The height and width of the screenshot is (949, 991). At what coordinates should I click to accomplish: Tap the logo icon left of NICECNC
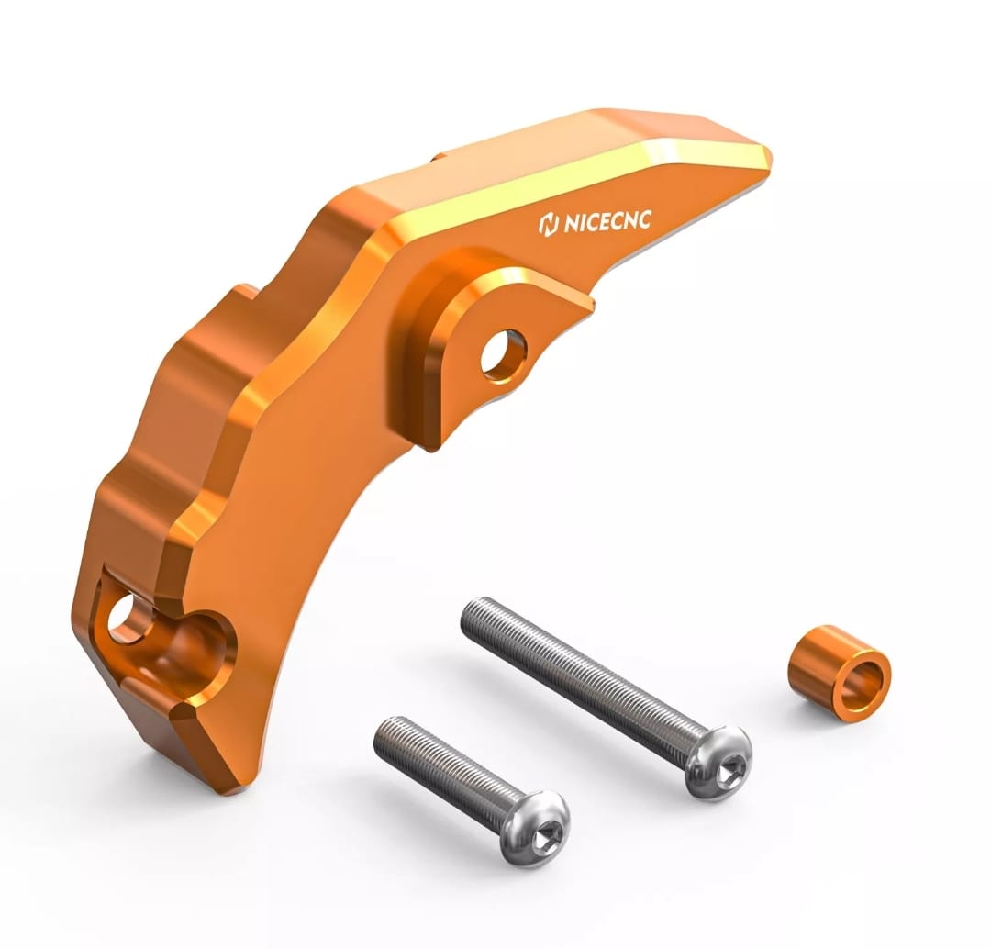pos(548,225)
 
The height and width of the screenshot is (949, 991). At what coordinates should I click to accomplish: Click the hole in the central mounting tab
pos(504,355)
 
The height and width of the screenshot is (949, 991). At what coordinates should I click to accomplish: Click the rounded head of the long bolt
pos(718,762)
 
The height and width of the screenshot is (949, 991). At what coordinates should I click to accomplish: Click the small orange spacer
pos(839,673)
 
